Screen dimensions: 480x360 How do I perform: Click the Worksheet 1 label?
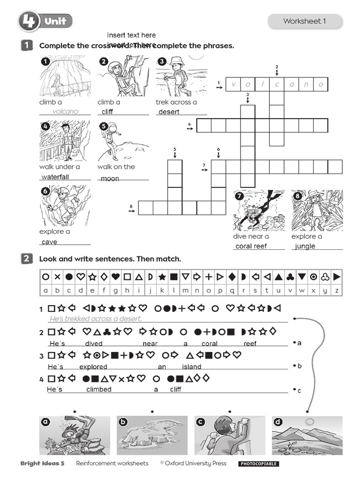coord(304,21)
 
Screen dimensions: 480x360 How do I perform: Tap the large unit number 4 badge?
coord(29,21)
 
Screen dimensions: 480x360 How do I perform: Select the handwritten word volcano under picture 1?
coord(65,112)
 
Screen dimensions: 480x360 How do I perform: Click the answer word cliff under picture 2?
coord(107,112)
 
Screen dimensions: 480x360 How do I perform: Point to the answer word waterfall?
coord(55,177)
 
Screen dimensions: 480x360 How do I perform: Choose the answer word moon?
coord(110,179)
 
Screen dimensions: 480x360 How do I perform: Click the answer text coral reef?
coord(251,246)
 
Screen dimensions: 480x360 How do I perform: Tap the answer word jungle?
coord(305,246)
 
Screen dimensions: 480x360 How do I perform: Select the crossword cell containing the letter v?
coord(233,85)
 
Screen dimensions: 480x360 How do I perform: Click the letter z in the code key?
coord(336,290)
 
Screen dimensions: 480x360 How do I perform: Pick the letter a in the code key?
coord(45,290)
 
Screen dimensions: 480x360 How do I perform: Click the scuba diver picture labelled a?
coord(75,435)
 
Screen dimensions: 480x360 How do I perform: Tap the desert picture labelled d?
coord(307,435)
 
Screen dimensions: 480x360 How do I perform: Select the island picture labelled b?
coord(152,435)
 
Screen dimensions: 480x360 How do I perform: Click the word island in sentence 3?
coord(192,367)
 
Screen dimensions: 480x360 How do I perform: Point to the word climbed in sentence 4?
coord(99,390)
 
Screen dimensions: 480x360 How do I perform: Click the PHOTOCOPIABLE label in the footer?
coord(258,464)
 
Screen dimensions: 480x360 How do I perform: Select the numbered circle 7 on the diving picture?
coord(240,196)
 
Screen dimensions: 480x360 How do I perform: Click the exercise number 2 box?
coord(26,259)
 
